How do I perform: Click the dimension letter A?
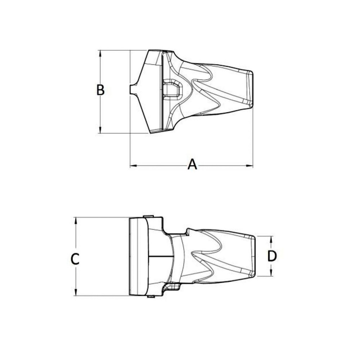coord(193,165)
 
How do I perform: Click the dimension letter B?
coord(100,90)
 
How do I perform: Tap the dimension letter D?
coord(272,256)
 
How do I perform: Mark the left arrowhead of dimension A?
coord(132,166)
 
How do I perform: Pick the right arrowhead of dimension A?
coord(250,166)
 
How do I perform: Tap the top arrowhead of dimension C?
coord(76,220)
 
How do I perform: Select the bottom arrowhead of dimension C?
coord(76,293)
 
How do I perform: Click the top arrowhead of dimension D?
coord(271,239)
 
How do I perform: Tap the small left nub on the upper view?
coord(132,90)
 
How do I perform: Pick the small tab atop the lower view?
coord(148,216)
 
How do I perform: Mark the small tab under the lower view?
coord(151,297)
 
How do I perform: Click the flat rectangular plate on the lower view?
coord(138,256)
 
